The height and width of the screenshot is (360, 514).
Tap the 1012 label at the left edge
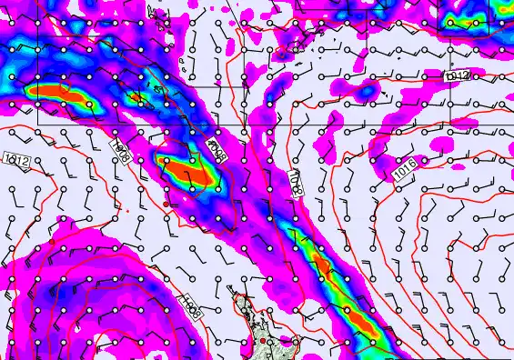click(15, 162)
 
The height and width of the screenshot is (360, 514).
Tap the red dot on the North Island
click(264, 341)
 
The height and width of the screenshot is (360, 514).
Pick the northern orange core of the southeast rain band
click(321, 265)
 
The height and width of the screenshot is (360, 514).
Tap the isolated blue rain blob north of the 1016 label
click(368, 91)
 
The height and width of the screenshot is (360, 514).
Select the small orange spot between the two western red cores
click(136, 97)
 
